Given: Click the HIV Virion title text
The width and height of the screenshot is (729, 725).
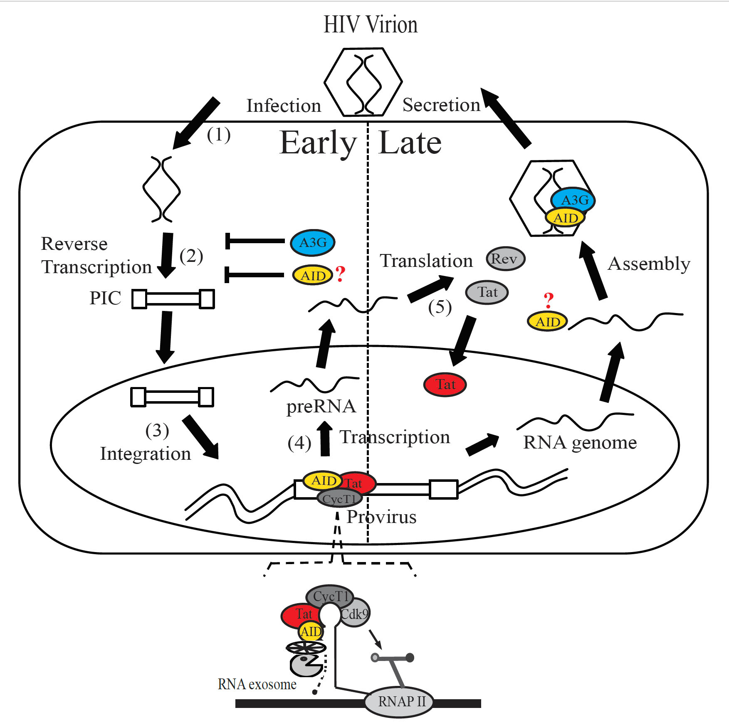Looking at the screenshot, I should (370, 25).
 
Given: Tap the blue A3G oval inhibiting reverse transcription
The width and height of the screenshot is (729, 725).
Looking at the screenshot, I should (313, 242).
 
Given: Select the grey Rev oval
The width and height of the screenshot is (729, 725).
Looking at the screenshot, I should (505, 259).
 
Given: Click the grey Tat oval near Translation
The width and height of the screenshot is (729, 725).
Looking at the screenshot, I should (487, 292).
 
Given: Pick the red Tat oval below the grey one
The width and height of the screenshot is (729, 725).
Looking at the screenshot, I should (445, 385).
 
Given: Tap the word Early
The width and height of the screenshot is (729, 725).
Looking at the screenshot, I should (318, 143).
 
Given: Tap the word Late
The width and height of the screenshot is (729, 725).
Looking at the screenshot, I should (410, 143).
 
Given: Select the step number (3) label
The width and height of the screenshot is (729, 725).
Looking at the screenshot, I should (157, 431).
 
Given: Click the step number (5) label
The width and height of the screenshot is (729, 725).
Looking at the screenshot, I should (440, 308).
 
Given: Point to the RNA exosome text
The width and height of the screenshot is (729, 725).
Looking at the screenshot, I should (257, 684).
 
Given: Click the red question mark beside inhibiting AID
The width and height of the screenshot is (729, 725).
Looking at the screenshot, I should (340, 274).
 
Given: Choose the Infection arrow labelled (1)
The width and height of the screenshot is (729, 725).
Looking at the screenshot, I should (195, 123).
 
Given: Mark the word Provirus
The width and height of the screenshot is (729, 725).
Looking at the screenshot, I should (381, 517).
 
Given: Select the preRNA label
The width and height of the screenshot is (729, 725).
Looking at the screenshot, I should (321, 407).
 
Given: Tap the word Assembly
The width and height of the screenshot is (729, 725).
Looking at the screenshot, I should (649, 264).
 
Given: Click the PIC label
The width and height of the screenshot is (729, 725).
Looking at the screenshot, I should (105, 298).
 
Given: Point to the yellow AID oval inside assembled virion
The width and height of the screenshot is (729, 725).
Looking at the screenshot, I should (566, 217).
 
